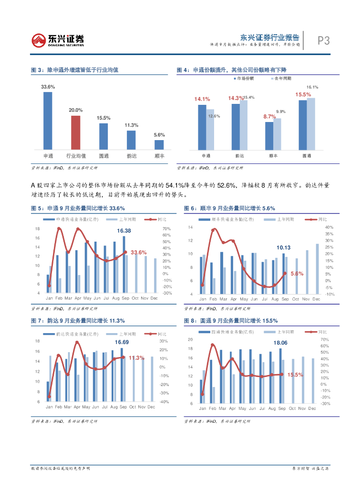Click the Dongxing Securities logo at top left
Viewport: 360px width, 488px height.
point(58,40)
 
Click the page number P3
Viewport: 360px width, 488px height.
point(324,41)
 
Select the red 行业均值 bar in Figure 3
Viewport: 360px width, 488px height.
point(75,133)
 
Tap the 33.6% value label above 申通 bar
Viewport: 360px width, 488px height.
point(48,87)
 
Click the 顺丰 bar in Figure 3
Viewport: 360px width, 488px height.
point(159,145)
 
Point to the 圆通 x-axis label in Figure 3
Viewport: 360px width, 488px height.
point(103,155)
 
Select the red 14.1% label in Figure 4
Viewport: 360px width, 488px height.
point(202,99)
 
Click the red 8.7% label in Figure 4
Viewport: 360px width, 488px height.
point(269,116)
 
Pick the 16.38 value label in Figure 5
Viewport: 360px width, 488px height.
point(124,231)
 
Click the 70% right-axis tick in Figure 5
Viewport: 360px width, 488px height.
point(166,229)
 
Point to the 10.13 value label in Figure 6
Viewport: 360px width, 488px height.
point(283,248)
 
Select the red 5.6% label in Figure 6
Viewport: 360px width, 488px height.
point(297,274)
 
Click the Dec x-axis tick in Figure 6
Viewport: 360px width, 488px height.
point(316,299)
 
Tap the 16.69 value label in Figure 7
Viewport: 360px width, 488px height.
point(122,342)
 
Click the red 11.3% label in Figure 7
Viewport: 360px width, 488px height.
point(136,358)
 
